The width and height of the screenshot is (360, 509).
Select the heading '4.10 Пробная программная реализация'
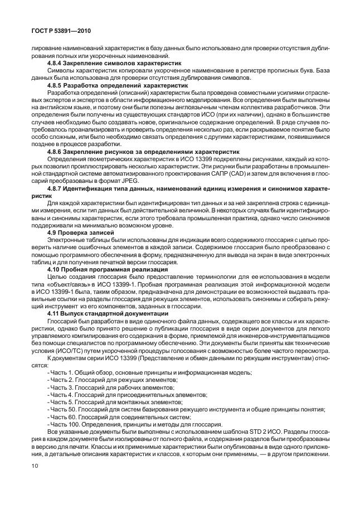click(x=103, y=268)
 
